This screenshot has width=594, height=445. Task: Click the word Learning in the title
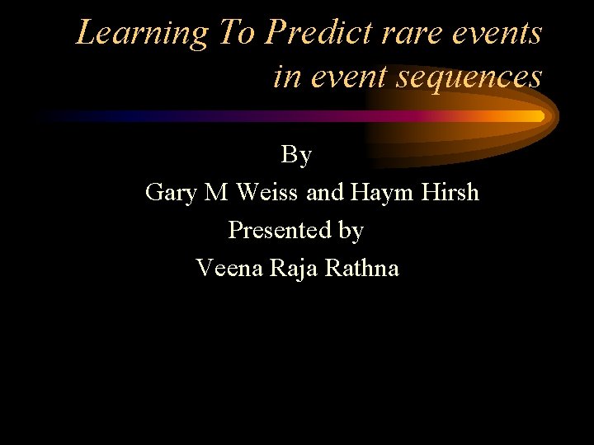pos(143,34)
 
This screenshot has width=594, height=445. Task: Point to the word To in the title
pos(237,34)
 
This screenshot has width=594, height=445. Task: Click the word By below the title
pos(296,154)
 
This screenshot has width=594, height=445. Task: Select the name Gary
pos(171,193)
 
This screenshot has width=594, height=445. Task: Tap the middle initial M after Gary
pos(215,192)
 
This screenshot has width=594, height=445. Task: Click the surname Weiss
pos(267,192)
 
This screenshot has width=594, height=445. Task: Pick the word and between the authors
pos(326,192)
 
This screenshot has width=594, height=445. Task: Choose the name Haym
pos(379,193)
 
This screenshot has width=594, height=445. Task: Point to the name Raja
pos(295,269)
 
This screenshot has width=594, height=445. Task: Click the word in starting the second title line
pos(287,77)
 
